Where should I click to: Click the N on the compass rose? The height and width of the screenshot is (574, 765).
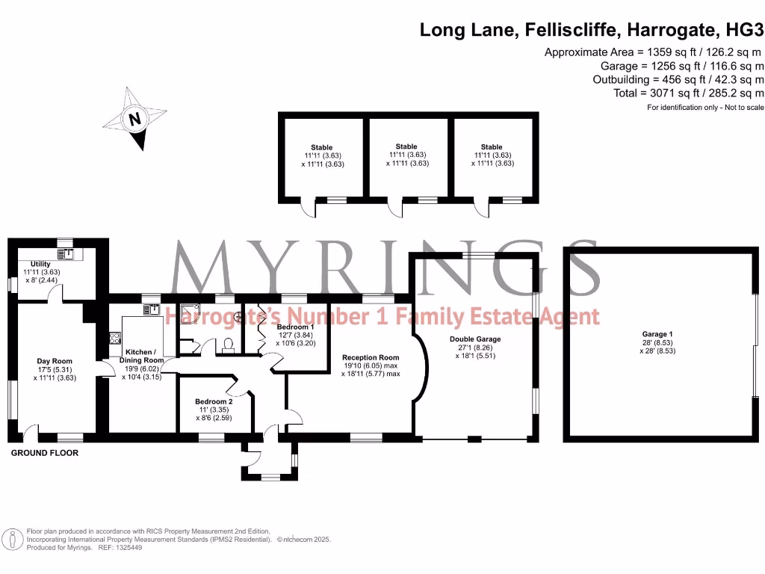(x=134, y=119)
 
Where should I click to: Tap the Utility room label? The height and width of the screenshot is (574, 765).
(x=40, y=264)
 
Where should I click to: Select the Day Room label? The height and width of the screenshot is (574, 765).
(x=55, y=361)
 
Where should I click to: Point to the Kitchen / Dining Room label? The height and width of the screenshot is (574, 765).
(x=141, y=356)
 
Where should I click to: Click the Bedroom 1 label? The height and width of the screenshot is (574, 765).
(x=295, y=327)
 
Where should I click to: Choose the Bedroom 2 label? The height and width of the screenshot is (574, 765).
(x=214, y=401)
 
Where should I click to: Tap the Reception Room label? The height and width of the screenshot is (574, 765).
(x=371, y=358)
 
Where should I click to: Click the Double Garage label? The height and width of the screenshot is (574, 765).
(x=475, y=339)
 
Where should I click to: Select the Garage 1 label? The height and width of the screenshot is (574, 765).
(x=657, y=334)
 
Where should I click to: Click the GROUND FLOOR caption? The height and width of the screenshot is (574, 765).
(x=45, y=453)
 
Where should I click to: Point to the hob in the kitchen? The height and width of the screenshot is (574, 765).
(x=115, y=338)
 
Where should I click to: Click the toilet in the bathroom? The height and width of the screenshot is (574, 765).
(x=228, y=345)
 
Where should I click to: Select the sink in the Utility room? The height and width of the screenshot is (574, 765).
(x=65, y=254)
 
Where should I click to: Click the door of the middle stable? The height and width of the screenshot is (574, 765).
(x=395, y=210)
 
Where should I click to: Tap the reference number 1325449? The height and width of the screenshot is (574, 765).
(x=128, y=548)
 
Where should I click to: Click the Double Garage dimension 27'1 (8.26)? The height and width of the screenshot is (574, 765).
(x=475, y=348)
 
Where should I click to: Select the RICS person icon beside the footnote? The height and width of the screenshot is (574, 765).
(x=12, y=540)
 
